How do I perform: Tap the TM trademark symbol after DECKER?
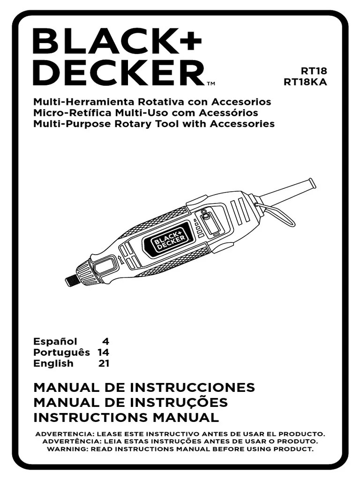[210, 84]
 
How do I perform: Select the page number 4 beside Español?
[105, 341]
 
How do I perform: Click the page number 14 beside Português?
[103, 352]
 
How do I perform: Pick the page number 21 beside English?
[104, 363]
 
